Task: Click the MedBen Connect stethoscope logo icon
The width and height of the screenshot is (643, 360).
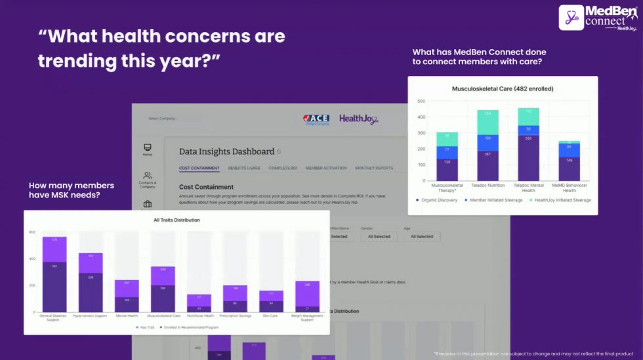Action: [571, 18]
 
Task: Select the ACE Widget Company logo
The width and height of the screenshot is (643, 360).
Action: [316, 119]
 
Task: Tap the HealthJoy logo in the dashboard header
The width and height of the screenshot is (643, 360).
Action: [358, 119]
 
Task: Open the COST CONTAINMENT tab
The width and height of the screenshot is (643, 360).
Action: [199, 168]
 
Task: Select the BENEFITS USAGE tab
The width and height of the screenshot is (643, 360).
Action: [244, 168]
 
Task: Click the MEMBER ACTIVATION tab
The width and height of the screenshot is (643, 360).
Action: [325, 168]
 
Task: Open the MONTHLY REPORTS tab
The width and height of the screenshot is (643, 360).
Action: [374, 168]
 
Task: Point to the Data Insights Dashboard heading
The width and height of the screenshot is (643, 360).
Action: [227, 151]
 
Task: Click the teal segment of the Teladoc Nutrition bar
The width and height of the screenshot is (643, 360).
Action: [487, 121]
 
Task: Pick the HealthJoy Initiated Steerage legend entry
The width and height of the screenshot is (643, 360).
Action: [563, 200]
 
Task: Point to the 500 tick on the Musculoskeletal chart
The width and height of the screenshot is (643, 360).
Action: [421, 102]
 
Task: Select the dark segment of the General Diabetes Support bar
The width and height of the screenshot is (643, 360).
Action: [54, 286]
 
